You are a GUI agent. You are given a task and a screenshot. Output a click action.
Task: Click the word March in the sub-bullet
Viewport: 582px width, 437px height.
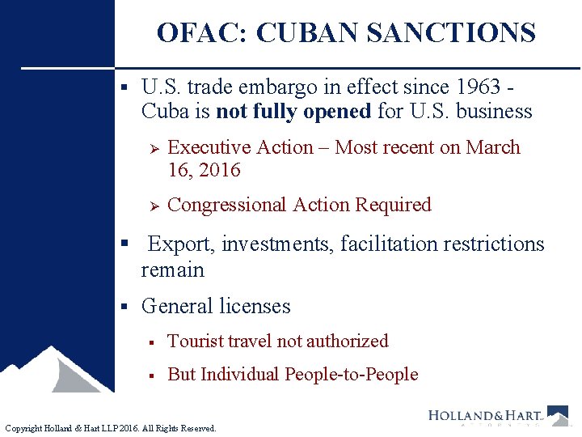(496, 147)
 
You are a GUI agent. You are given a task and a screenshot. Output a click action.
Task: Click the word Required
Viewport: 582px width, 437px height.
(393, 205)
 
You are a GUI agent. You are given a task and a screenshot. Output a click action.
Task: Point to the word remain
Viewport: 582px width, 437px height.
(172, 269)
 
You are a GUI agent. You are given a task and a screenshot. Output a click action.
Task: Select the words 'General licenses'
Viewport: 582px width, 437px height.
(215, 307)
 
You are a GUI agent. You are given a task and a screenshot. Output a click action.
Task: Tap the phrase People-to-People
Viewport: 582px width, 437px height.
(351, 375)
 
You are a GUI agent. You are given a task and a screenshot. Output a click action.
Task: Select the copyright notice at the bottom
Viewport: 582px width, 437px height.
(111, 428)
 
